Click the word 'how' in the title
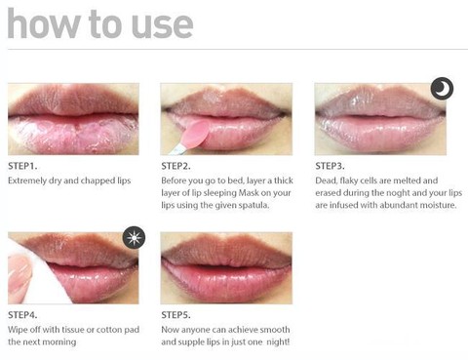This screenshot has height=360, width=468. (43, 23)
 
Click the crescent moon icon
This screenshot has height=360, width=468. (442, 89)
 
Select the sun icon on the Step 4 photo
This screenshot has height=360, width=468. (134, 237)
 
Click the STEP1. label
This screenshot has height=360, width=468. (22, 166)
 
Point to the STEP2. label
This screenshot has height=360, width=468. (175, 166)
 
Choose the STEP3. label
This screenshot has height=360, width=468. (330, 166)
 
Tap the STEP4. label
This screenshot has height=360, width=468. (22, 315)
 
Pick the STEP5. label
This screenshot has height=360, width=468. (175, 315)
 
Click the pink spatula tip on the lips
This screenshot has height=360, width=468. (197, 133)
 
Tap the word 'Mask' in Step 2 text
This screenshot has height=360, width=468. (249, 193)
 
